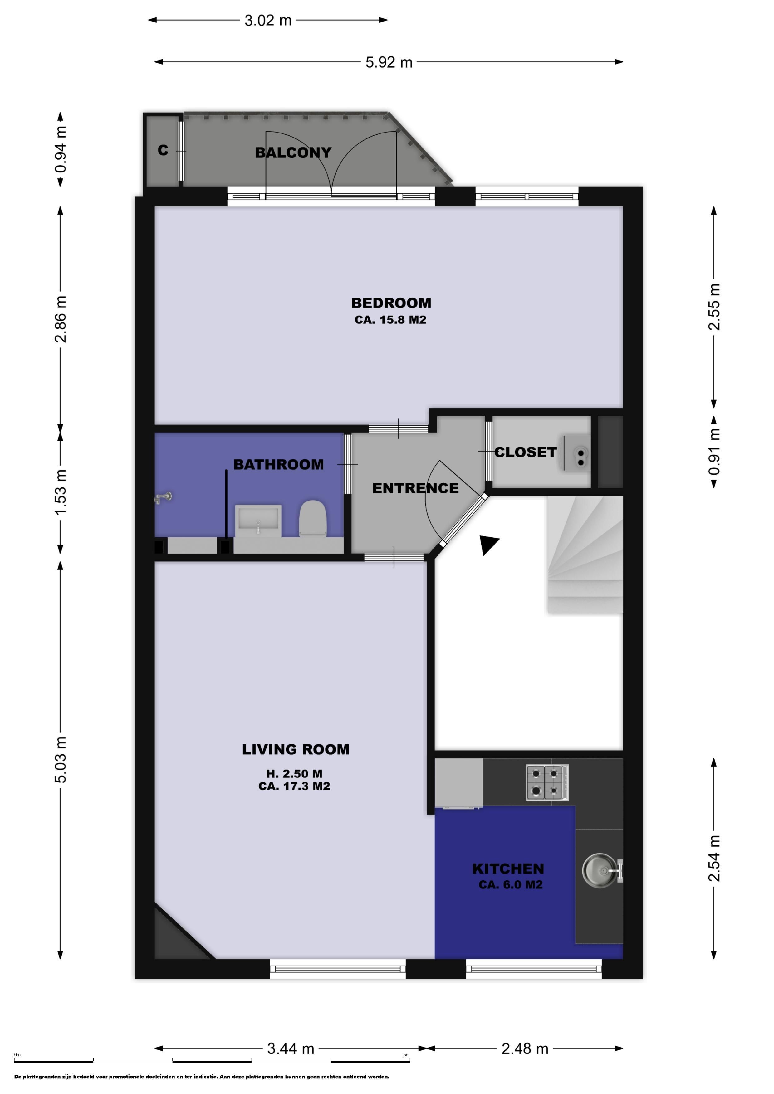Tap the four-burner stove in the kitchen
coord(547,782)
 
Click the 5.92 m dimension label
coord(389,62)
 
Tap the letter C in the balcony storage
coord(163,151)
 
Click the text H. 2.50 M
coord(294,774)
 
